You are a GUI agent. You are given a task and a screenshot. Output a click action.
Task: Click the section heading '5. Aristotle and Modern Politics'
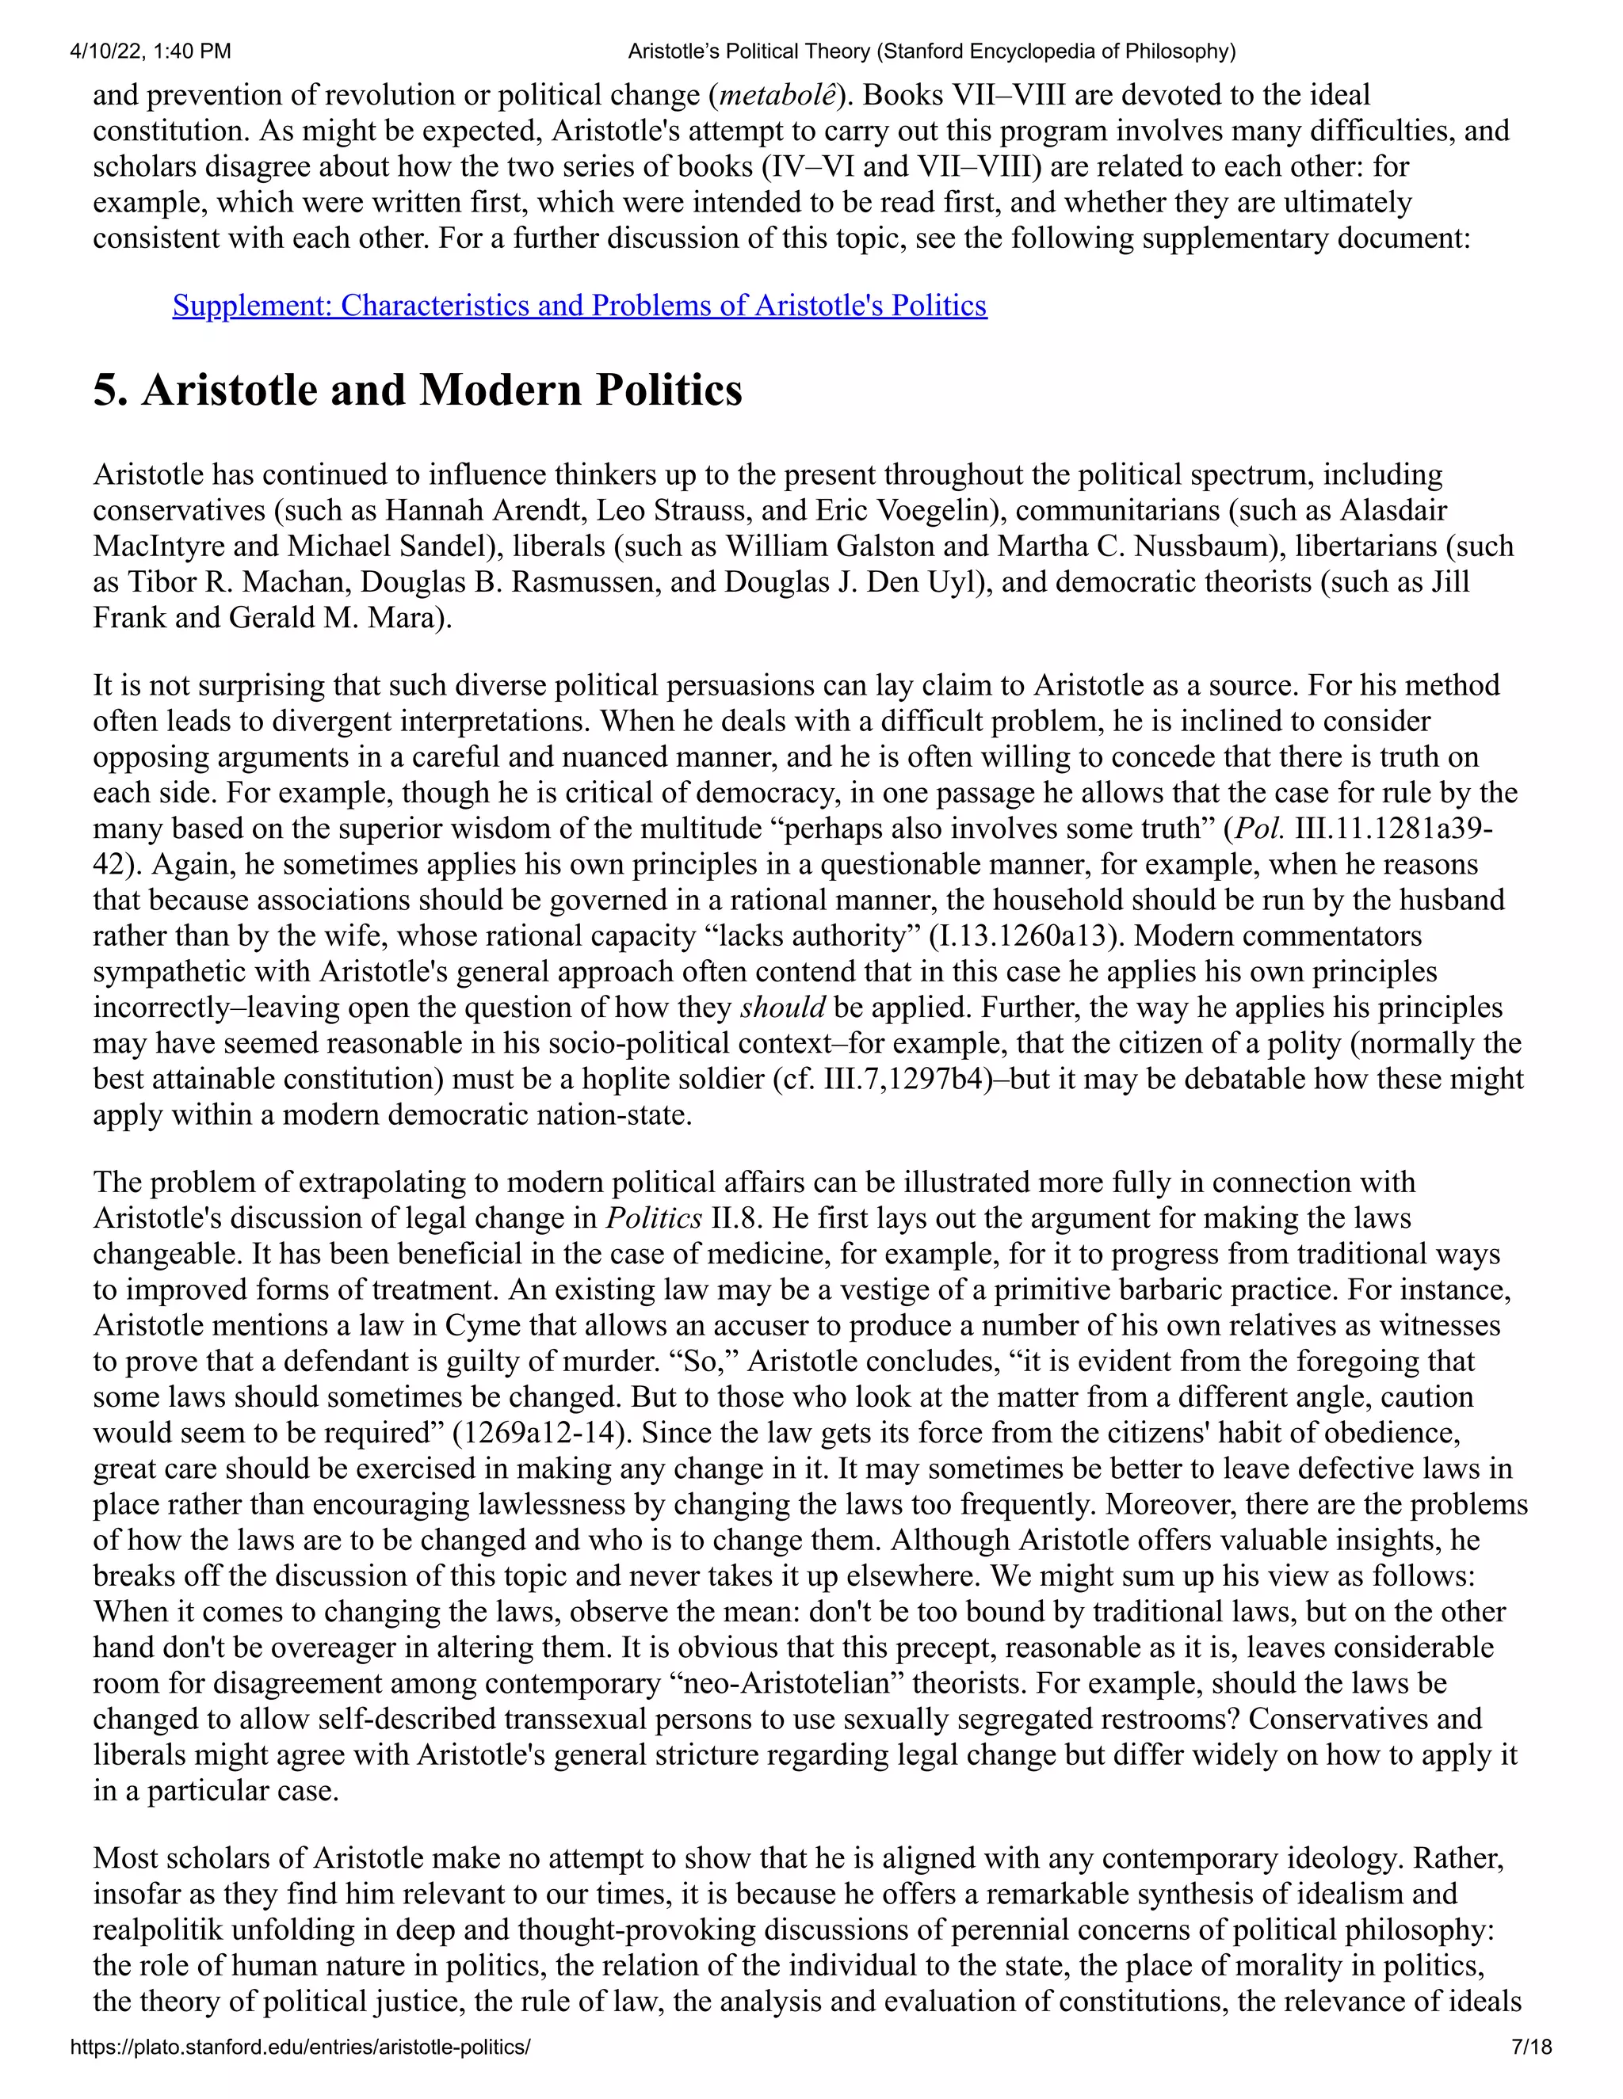(x=418, y=390)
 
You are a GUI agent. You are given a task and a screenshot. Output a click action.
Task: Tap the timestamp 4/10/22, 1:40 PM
(x=150, y=51)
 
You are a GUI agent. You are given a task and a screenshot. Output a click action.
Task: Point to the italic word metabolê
(x=777, y=95)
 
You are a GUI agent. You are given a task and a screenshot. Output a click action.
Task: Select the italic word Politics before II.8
(x=653, y=1219)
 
